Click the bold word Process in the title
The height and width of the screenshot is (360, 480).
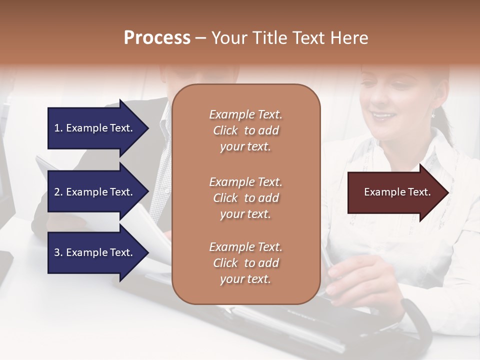tap(157, 37)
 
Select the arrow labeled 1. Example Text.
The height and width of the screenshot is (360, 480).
tap(95, 128)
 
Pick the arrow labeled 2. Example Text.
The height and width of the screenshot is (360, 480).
tap(95, 192)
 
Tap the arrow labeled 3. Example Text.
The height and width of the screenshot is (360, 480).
tap(95, 252)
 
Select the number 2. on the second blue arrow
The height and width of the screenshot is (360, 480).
tap(58, 192)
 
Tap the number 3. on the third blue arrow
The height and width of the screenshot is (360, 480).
tap(58, 252)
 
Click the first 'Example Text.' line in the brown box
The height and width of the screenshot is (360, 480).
tap(245, 114)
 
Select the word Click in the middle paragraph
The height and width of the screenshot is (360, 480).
tap(225, 198)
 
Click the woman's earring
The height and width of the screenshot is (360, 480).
tap(433, 115)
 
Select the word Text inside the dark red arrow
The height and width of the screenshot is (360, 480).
tap(420, 192)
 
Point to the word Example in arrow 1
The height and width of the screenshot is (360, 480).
tap(86, 128)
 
